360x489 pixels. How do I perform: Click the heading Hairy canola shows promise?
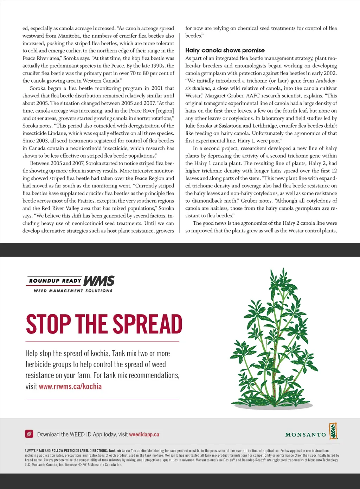tap(225, 50)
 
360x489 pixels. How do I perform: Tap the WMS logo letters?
tap(99, 281)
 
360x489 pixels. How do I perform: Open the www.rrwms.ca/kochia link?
tap(70, 386)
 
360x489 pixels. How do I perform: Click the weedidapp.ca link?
tap(144, 434)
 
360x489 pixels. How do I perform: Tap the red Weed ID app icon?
tap(29, 434)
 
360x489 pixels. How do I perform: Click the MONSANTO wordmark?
tap(306, 435)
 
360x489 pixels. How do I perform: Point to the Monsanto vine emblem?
tap(333, 431)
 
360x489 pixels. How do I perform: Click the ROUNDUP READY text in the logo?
tap(55, 281)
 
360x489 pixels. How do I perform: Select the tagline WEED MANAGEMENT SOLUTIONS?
tap(73, 291)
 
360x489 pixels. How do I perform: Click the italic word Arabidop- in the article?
tap(326, 81)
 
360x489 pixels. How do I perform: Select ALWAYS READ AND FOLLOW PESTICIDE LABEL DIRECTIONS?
tap(66, 451)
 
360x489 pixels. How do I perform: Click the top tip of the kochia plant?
tap(282, 270)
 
